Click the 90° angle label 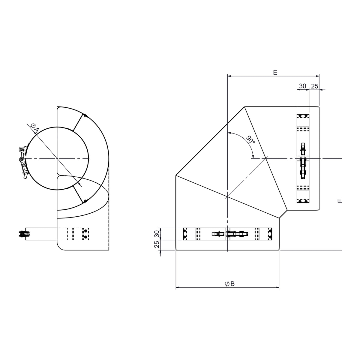(x=250, y=139)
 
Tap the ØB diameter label (x=229, y=284)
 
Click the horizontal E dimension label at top (x=275, y=72)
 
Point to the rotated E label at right (x=340, y=201)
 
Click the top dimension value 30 (x=303, y=86)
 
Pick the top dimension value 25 (x=315, y=86)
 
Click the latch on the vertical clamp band (x=303, y=161)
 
